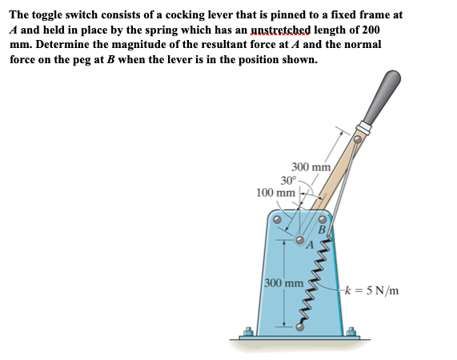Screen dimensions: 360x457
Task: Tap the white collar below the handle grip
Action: tap(365, 127)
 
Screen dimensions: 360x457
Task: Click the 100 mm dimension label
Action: tap(275, 193)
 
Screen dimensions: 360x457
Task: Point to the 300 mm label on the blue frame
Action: tap(283, 283)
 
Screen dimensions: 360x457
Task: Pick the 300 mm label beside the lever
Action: tap(311, 167)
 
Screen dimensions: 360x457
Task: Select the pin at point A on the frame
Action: tap(300, 238)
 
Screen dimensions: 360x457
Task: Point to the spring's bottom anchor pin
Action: tap(301, 326)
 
